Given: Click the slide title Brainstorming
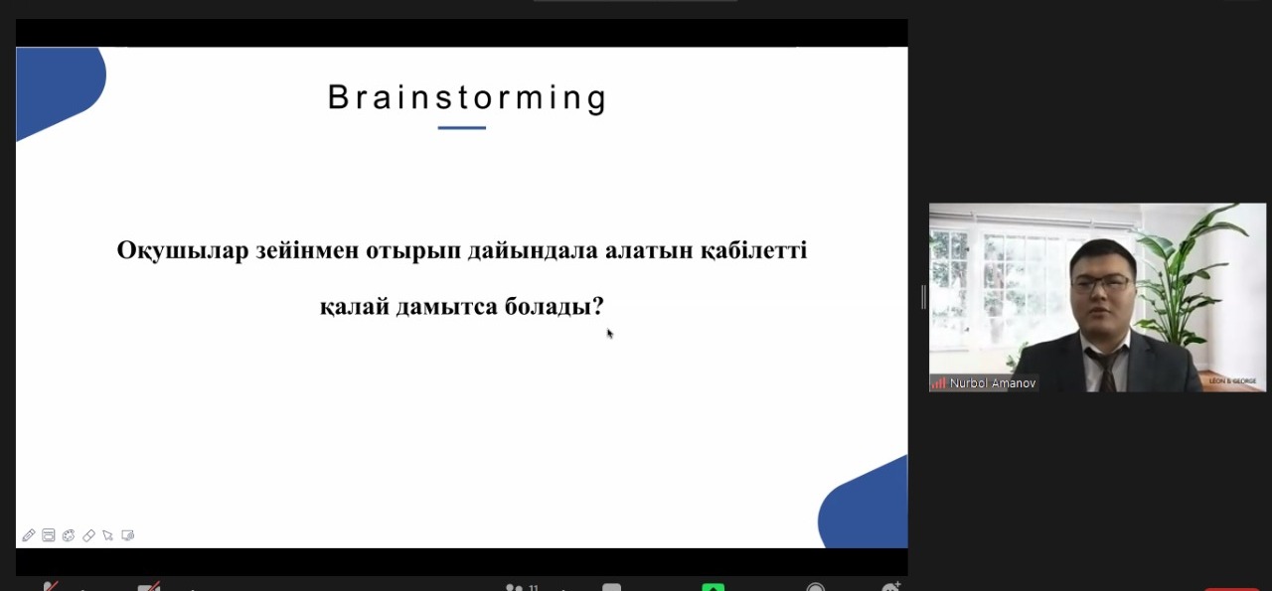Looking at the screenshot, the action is (467, 98).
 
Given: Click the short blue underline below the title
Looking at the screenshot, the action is (462, 128).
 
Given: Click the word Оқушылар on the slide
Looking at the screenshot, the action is (182, 250).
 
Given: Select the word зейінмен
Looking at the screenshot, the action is (307, 250).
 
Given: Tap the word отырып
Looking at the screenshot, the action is (413, 251).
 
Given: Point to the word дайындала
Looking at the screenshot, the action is (533, 250).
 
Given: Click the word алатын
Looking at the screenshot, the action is (649, 251).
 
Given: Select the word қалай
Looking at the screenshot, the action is (355, 307).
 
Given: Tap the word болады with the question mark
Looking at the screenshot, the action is (555, 307).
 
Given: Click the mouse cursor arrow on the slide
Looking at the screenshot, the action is (610, 334).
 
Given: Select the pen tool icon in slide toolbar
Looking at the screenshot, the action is (29, 534).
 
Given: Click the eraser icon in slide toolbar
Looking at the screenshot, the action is (88, 535).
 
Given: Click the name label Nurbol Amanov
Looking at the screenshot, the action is (993, 383).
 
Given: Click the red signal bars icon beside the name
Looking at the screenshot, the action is (938, 383).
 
